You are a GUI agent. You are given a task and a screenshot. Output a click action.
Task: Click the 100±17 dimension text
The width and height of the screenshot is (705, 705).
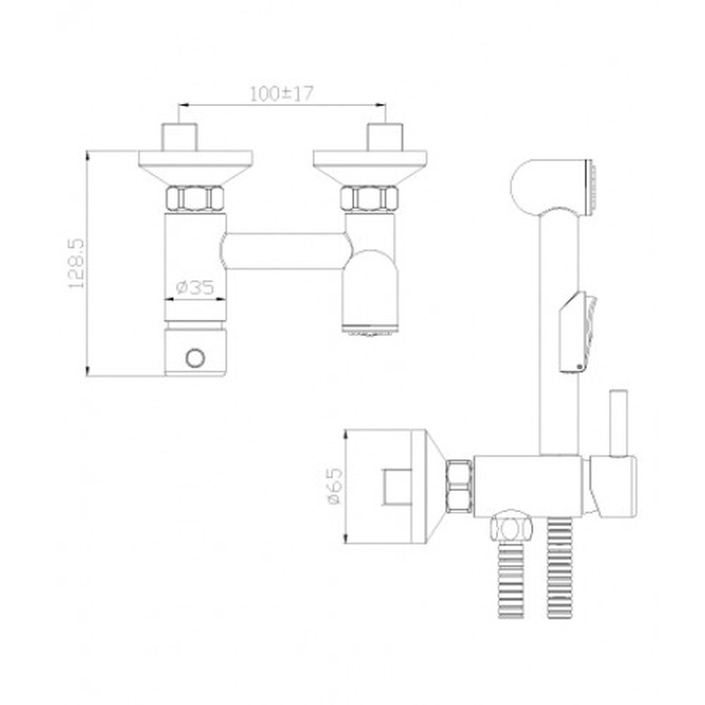pos(281,93)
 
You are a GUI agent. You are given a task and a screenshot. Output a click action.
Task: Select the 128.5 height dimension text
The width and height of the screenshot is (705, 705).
pos(76,263)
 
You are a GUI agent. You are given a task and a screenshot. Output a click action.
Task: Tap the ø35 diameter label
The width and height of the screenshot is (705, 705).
pos(195,287)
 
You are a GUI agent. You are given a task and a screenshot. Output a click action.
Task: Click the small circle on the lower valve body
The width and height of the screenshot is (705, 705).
pos(196,358)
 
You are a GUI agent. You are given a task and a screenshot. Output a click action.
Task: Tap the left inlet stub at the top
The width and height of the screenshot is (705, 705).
pos(180,137)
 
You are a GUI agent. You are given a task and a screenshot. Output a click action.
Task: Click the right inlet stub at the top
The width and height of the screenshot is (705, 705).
pos(386,137)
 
